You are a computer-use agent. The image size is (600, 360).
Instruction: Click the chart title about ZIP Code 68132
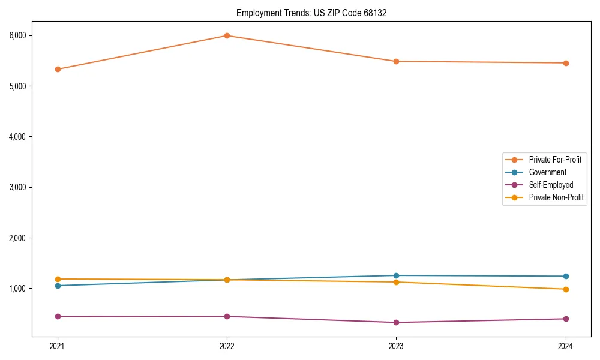click(311, 13)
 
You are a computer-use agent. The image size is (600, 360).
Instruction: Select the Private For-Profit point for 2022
click(227, 35)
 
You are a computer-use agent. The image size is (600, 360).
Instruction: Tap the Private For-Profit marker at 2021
click(58, 69)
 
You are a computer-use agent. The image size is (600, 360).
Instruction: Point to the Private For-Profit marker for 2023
click(396, 61)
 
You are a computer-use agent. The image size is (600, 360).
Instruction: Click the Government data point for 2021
click(58, 286)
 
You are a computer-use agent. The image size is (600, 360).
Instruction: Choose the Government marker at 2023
click(396, 275)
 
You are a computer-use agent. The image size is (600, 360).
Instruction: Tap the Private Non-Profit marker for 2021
click(58, 279)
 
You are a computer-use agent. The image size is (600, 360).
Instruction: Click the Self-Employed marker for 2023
click(396, 322)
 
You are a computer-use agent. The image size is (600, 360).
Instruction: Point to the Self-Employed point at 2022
click(227, 316)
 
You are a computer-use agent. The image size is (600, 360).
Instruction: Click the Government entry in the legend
click(547, 172)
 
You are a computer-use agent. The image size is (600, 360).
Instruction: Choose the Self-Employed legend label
click(551, 185)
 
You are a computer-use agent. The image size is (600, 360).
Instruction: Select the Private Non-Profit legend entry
click(556, 197)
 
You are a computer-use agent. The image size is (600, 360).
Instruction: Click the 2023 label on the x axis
click(396, 346)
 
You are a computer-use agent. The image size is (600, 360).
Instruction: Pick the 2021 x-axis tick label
click(58, 346)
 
